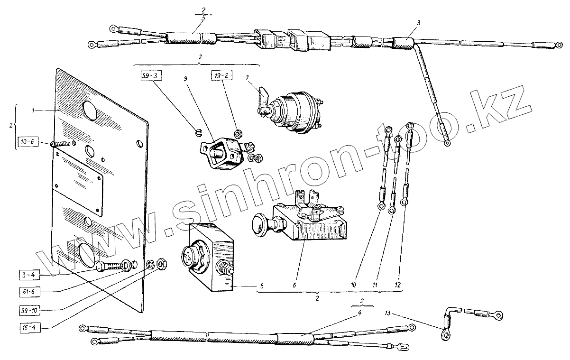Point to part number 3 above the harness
[419, 23]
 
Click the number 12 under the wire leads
[397, 286]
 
